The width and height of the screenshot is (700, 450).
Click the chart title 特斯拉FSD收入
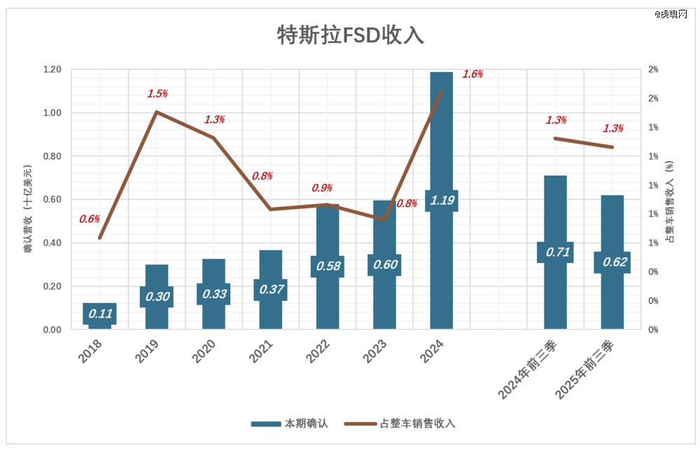pyautogui.click(x=351, y=35)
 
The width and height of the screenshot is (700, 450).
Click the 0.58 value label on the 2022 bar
pyautogui.click(x=328, y=266)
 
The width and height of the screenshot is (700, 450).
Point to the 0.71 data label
pyautogui.click(x=555, y=252)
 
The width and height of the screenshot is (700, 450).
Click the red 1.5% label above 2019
pyautogui.click(x=157, y=93)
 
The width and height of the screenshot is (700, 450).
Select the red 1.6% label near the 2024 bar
pyautogui.click(x=473, y=74)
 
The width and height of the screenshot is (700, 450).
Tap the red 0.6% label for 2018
pyautogui.click(x=90, y=219)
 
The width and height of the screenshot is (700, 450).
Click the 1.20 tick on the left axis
pyautogui.click(x=52, y=69)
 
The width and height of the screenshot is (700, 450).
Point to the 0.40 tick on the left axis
pyautogui.click(x=52, y=243)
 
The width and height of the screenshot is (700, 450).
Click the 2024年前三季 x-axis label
pyautogui.click(x=524, y=371)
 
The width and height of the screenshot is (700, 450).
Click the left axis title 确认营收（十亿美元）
pyautogui.click(x=29, y=208)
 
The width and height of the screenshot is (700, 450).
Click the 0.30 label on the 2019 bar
pyautogui.click(x=157, y=297)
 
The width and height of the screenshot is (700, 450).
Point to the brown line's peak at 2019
pyautogui.click(x=157, y=111)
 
